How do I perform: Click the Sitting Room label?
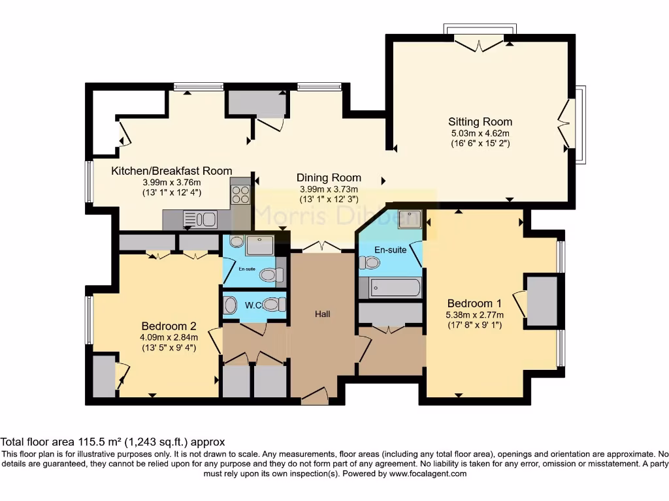[x=480, y=122]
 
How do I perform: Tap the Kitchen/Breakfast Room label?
[x=171, y=171]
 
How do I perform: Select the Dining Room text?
[x=329, y=177]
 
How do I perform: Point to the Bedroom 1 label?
[x=474, y=303]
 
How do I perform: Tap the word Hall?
[x=323, y=314]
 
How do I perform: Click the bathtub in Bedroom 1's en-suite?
[x=390, y=287]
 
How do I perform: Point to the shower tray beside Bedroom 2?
[x=260, y=246]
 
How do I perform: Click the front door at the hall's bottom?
[x=315, y=395]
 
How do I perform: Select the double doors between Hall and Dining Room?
[x=321, y=247]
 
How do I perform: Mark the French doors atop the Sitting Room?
[x=480, y=44]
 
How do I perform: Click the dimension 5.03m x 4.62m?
[x=480, y=134]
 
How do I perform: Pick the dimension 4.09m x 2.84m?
[x=169, y=337]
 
